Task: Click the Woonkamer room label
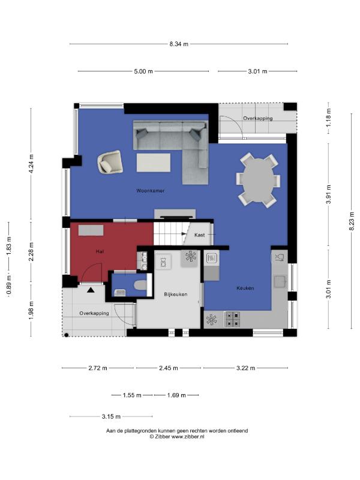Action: [x=151, y=191]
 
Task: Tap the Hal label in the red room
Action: [x=100, y=251]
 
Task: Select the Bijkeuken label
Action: [x=176, y=295]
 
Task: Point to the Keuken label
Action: [x=245, y=288]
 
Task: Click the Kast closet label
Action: [x=200, y=235]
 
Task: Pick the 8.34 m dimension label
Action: [x=179, y=44]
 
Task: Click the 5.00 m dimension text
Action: [x=143, y=71]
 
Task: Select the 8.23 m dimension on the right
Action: [x=352, y=221]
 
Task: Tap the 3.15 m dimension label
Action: [x=111, y=416]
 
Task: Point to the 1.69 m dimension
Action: [x=176, y=395]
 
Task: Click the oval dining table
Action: [x=258, y=180]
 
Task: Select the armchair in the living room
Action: [x=110, y=161]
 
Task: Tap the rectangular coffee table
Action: [x=154, y=163]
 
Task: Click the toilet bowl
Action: [x=141, y=285]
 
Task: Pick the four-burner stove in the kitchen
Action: [x=232, y=319]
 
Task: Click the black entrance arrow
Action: [x=91, y=290]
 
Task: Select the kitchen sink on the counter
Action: [x=280, y=281]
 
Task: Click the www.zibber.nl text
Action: [x=188, y=437]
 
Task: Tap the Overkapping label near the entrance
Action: [x=94, y=313]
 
